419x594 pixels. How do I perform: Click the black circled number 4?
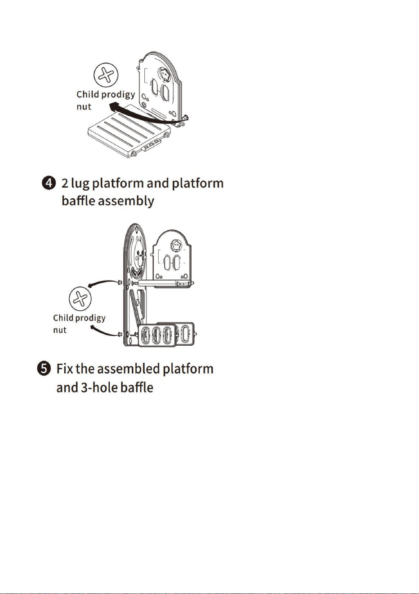click(49, 183)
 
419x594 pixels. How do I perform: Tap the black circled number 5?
click(44, 369)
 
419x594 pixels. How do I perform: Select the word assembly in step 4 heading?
click(126, 201)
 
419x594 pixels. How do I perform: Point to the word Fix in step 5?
click(65, 369)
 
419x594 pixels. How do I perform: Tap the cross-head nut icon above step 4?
click(106, 75)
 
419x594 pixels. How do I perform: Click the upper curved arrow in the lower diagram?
click(103, 282)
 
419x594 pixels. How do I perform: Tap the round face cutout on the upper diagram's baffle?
click(165, 74)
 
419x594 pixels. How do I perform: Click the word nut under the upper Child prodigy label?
click(84, 107)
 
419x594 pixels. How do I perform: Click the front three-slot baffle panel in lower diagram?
click(157, 335)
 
